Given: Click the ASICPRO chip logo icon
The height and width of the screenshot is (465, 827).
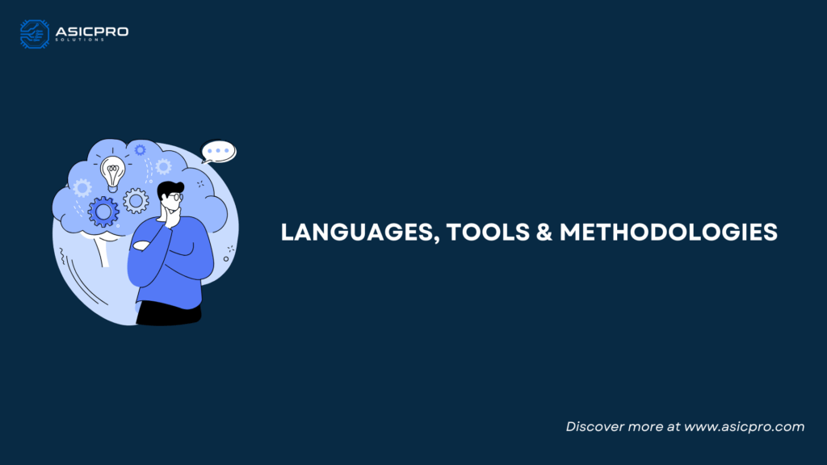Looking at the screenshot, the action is pyautogui.click(x=34, y=34).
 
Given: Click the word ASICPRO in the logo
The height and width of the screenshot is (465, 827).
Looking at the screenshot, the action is pyautogui.click(x=92, y=31).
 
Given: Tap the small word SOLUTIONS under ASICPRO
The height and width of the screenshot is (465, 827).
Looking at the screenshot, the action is pyautogui.click(x=80, y=40).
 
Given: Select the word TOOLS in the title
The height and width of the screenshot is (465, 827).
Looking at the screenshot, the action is pyautogui.click(x=488, y=232).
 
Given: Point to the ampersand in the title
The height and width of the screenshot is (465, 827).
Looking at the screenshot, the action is pyautogui.click(x=544, y=232).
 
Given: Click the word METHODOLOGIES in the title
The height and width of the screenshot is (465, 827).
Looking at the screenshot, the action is pyautogui.click(x=668, y=232).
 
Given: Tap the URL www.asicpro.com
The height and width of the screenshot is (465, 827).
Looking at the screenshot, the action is pyautogui.click(x=744, y=426).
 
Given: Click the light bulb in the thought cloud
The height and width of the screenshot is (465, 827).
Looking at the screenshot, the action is pyautogui.click(x=113, y=174).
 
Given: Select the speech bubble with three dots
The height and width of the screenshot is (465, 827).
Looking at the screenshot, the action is pyautogui.click(x=218, y=152).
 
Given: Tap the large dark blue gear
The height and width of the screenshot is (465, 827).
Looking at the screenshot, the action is pyautogui.click(x=103, y=212).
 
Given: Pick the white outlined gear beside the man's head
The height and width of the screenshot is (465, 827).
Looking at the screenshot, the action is pyautogui.click(x=136, y=201).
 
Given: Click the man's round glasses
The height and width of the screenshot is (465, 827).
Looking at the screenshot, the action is pyautogui.click(x=177, y=197).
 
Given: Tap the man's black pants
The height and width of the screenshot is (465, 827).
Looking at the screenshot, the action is pyautogui.click(x=169, y=313).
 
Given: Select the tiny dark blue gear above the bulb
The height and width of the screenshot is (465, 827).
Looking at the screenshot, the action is pyautogui.click(x=140, y=150).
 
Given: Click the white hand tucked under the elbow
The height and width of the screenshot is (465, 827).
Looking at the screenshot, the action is pyautogui.click(x=141, y=245).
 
